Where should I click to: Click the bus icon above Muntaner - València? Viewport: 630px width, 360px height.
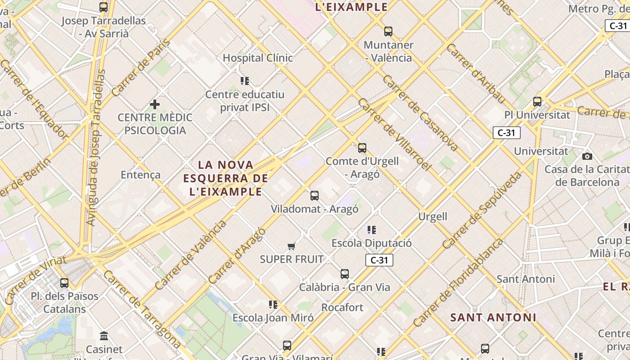(388, 31)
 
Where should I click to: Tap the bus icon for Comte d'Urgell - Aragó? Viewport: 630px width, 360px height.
(362, 148)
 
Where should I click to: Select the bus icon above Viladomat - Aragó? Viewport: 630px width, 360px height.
(314, 196)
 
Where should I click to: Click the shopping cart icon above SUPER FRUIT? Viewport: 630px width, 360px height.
(291, 246)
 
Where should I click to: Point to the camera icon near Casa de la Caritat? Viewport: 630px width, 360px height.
(587, 156)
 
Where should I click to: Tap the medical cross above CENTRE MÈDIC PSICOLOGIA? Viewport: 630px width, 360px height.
(154, 105)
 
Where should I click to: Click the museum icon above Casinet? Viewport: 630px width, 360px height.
(104, 336)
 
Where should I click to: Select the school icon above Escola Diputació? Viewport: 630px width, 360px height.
(371, 230)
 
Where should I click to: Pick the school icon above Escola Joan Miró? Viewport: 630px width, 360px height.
(273, 305)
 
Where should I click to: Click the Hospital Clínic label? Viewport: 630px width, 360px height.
(258, 58)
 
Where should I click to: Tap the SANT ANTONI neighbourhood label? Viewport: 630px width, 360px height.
(493, 317)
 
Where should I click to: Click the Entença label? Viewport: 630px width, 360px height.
(140, 175)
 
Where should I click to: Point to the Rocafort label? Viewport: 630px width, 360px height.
(342, 307)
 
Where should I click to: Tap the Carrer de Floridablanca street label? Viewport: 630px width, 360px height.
(458, 283)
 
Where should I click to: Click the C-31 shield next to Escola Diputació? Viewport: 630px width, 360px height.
(379, 260)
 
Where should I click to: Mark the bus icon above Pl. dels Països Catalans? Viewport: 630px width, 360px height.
(64, 283)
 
